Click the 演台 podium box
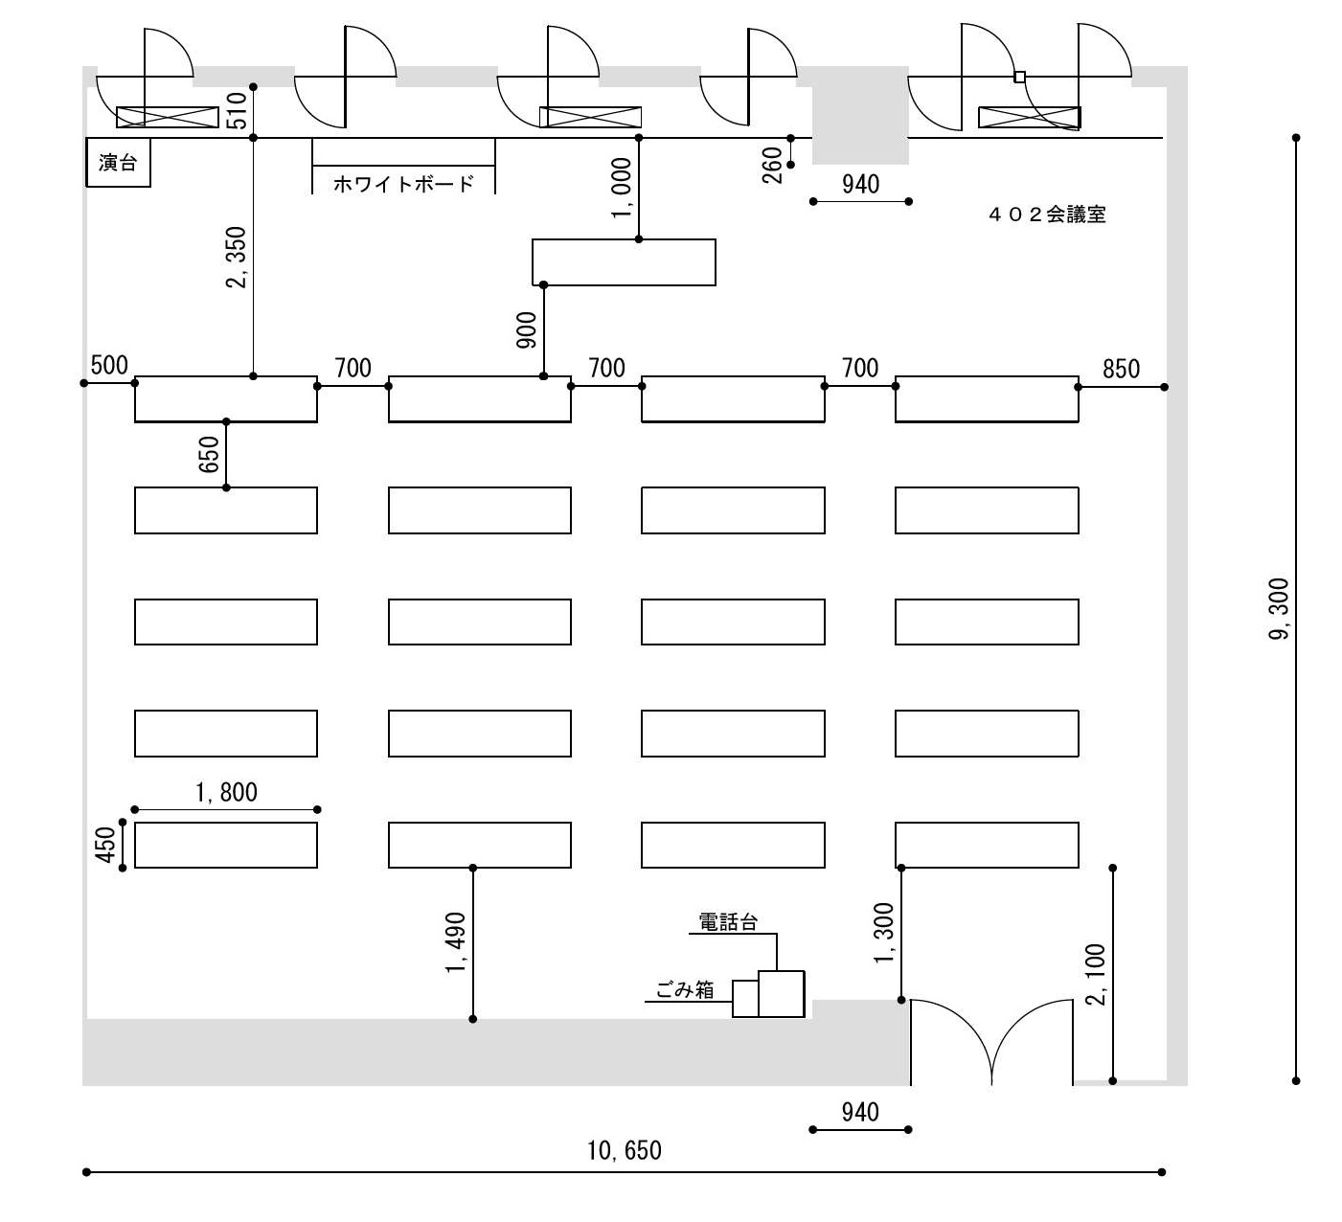(x=118, y=163)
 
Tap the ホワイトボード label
(x=403, y=184)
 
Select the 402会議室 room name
(x=1047, y=215)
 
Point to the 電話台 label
(x=728, y=922)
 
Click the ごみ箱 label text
(x=685, y=990)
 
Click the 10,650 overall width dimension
(x=625, y=1150)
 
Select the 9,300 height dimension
(x=1279, y=609)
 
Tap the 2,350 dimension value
(x=237, y=257)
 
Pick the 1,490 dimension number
(x=456, y=942)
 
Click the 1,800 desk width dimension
(x=226, y=792)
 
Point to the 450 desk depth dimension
(x=106, y=845)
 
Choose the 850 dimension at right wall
(x=1121, y=370)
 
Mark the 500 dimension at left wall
(x=109, y=365)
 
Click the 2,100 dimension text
(x=1096, y=975)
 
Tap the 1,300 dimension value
(x=884, y=934)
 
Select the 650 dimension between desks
(x=210, y=454)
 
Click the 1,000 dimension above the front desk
(x=622, y=189)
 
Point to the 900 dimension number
(x=527, y=330)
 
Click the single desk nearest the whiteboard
(x=624, y=262)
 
